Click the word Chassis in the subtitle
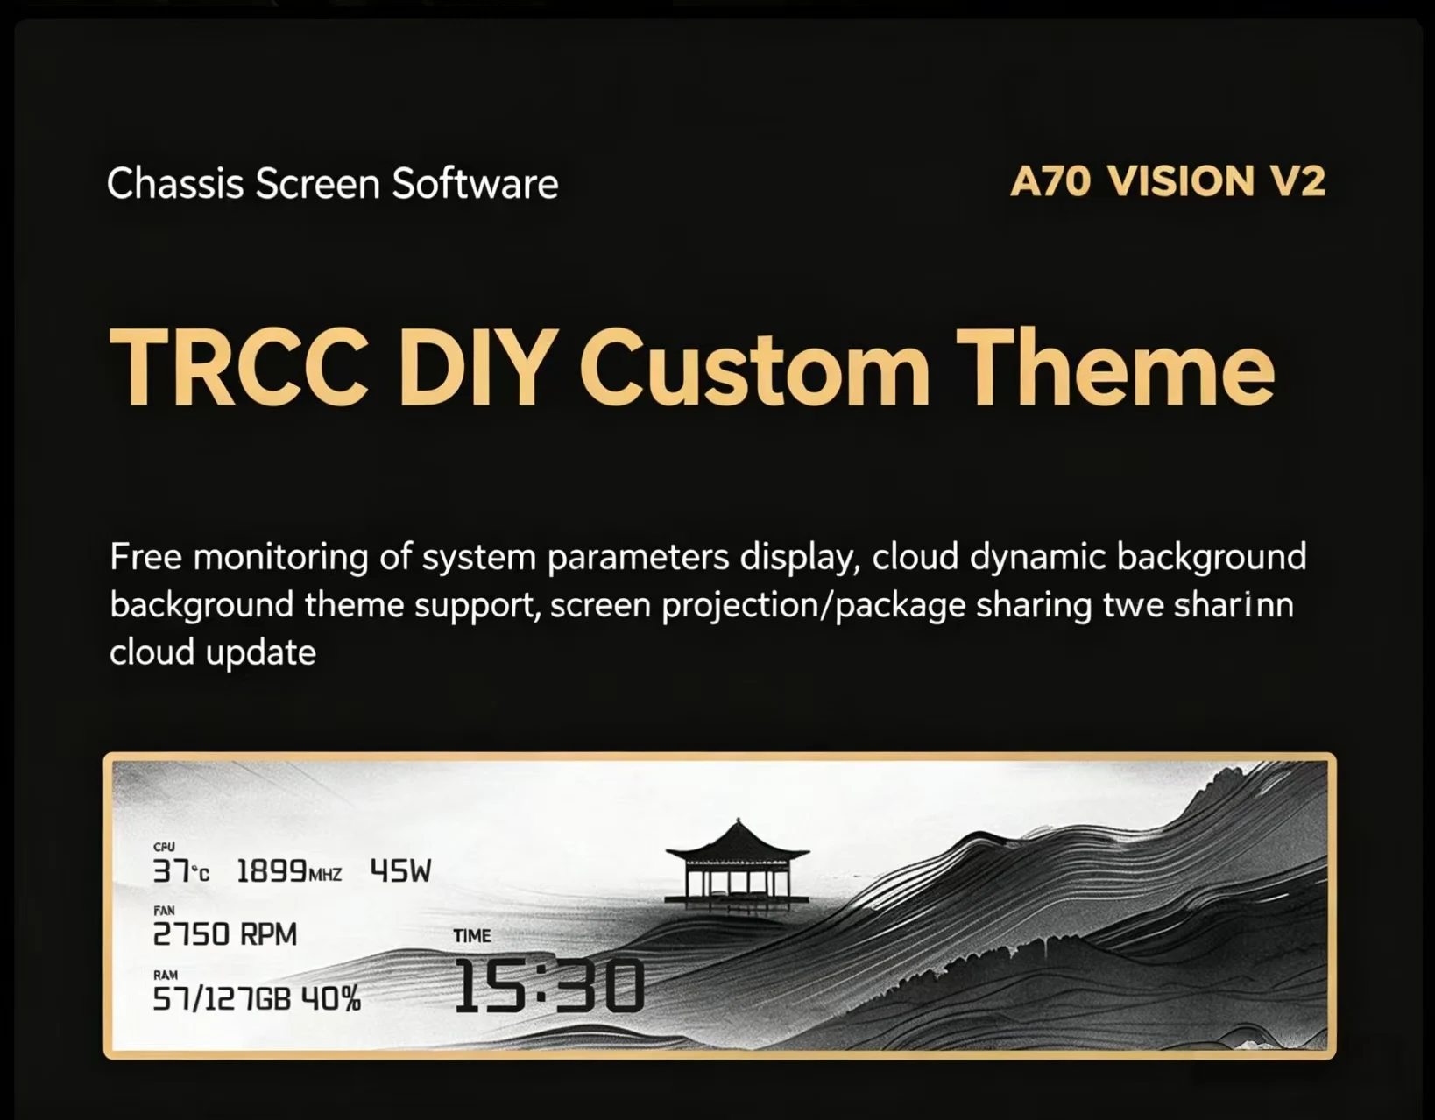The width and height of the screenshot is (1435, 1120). coord(175,184)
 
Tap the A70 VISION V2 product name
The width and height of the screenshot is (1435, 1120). coord(1168,181)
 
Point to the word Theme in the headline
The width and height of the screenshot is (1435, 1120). coord(1115,368)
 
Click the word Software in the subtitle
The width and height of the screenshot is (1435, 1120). coord(475,184)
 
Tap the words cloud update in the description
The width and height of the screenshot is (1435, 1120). coord(213,652)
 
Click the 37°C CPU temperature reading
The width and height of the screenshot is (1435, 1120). coord(181,872)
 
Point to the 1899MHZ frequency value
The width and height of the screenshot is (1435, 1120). coord(289,872)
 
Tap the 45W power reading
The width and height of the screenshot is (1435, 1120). coord(401,871)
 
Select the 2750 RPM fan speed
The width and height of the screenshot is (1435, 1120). coord(225,934)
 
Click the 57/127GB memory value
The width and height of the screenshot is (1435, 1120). coord(222,999)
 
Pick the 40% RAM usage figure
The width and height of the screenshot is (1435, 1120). coord(331,999)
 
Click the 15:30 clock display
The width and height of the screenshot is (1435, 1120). coord(548,987)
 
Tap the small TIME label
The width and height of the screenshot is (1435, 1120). coord(472,936)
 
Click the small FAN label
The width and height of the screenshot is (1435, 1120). coord(164,911)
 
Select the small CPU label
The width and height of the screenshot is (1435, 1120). coord(164,847)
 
